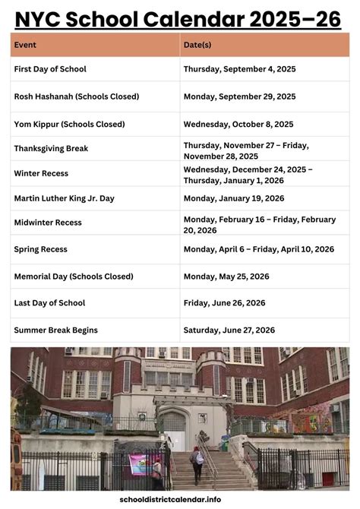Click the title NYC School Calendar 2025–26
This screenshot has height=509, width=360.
[x=179, y=18]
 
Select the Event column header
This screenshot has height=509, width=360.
[x=25, y=45]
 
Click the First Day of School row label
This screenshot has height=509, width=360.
[x=50, y=69]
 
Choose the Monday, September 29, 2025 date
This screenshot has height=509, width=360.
[x=239, y=96]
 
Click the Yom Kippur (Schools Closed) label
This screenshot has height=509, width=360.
[x=69, y=124]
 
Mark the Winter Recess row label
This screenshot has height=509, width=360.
[x=41, y=173]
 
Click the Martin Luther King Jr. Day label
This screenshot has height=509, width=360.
[x=64, y=198]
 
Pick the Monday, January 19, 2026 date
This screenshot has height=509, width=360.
[x=234, y=198]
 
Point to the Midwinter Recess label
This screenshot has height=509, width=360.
[x=48, y=223]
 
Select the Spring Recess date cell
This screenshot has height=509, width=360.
[x=258, y=249]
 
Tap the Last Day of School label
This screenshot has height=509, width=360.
[x=49, y=303]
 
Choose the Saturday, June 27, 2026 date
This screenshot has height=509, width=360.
[x=229, y=330]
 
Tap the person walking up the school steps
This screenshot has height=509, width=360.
[x=197, y=463]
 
